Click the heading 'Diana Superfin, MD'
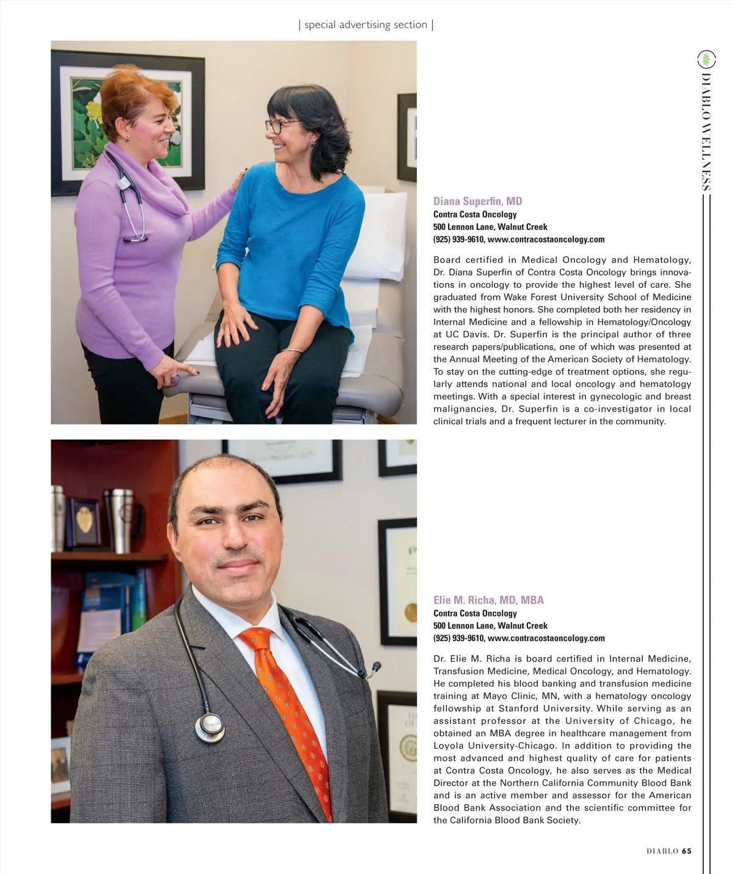[477, 201]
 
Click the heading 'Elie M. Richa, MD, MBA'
[488, 600]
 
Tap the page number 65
[687, 851]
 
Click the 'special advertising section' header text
[366, 25]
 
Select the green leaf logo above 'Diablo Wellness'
[706, 59]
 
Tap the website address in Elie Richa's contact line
[546, 639]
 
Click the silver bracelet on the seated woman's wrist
[293, 351]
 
